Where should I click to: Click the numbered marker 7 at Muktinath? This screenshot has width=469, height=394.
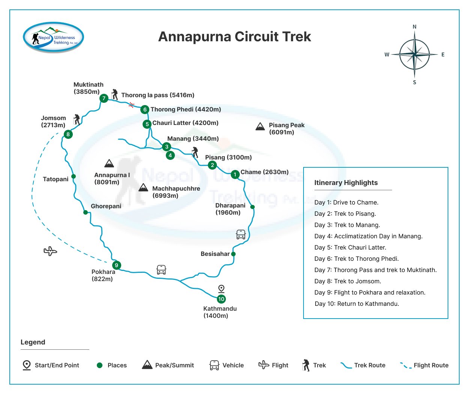(x=104, y=98)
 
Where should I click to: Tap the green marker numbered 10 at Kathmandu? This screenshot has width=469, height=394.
(x=221, y=299)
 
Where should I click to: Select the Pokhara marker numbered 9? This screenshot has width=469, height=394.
(x=116, y=265)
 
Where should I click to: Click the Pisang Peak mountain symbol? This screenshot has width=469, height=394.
(x=260, y=126)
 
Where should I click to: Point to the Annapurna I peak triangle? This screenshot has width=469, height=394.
(x=109, y=163)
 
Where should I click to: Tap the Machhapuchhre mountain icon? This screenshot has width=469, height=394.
(x=143, y=187)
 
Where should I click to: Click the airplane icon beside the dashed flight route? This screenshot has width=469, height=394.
(x=50, y=251)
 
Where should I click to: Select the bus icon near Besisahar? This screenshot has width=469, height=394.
(x=241, y=235)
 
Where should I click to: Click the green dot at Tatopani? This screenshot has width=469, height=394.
(x=74, y=176)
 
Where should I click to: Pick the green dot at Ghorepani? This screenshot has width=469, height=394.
(x=86, y=212)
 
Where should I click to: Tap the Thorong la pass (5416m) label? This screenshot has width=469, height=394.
(x=158, y=95)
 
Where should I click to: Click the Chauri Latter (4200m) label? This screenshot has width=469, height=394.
(x=185, y=123)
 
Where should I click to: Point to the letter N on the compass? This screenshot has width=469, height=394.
(x=415, y=27)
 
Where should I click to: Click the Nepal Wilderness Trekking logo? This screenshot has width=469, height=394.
(x=54, y=37)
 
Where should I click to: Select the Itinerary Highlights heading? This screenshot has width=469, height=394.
(x=346, y=183)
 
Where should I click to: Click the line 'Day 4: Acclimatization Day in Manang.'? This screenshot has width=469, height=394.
(x=368, y=236)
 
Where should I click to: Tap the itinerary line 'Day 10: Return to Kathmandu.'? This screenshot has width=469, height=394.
(x=357, y=304)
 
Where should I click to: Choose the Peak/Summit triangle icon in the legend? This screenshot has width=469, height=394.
(x=147, y=364)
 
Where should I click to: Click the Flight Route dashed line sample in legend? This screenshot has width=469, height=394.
(x=406, y=365)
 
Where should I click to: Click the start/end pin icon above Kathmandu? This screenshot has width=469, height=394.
(x=221, y=289)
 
